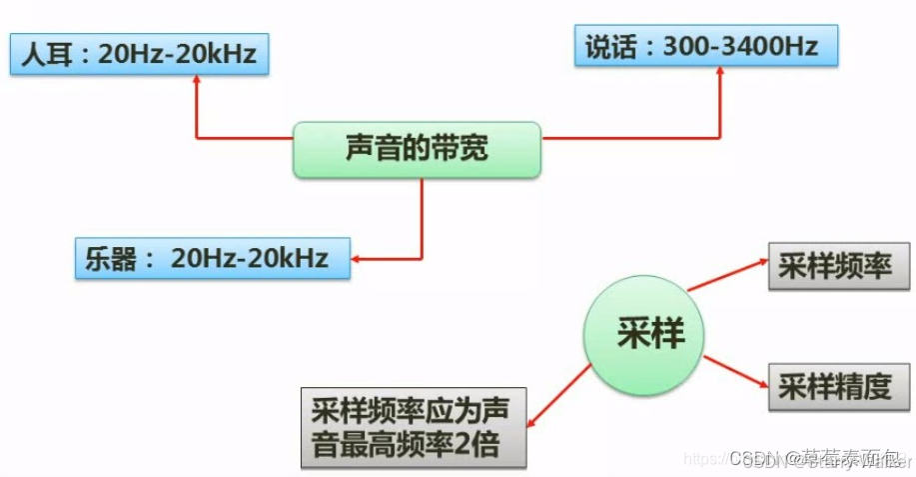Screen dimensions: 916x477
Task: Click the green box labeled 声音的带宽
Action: [417, 150]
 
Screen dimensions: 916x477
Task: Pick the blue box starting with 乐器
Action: [213, 257]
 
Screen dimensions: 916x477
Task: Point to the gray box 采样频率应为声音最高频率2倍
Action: [414, 427]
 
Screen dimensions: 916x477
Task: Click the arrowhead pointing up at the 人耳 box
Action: [196, 83]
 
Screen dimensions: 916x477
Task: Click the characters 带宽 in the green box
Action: [459, 150]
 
